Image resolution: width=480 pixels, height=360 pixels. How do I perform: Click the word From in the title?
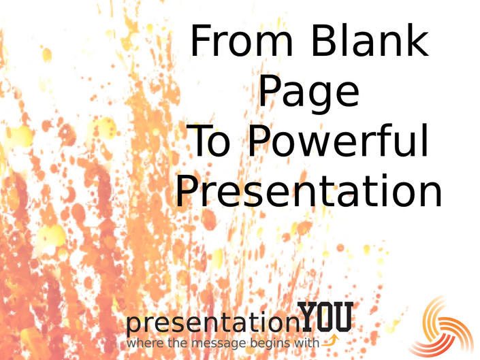[x=242, y=41]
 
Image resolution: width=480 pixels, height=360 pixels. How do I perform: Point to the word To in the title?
[x=208, y=141]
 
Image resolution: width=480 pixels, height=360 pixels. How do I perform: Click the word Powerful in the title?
[x=338, y=140]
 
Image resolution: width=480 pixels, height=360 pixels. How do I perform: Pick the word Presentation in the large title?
[x=308, y=191]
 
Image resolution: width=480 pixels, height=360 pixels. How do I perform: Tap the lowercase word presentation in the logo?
[x=212, y=323]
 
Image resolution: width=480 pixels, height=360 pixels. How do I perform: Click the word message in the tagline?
[x=219, y=344]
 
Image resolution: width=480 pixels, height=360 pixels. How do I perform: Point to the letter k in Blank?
[x=417, y=39]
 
